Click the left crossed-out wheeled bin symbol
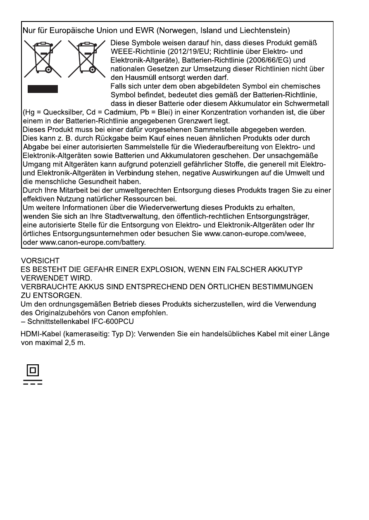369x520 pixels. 43,59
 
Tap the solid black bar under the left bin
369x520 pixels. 43,89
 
